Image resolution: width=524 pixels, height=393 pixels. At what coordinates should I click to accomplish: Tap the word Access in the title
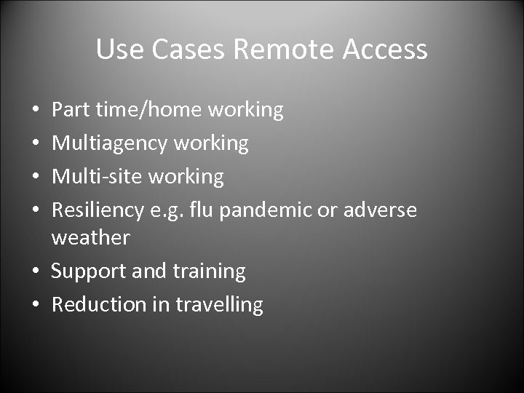[386, 49]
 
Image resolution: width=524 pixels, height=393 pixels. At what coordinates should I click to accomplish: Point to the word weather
[90, 237]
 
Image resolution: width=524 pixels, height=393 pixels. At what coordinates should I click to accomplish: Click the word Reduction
[99, 304]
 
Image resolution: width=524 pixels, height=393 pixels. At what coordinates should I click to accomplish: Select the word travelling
[219, 304]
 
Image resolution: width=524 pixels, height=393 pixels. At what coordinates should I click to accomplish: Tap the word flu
[202, 210]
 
